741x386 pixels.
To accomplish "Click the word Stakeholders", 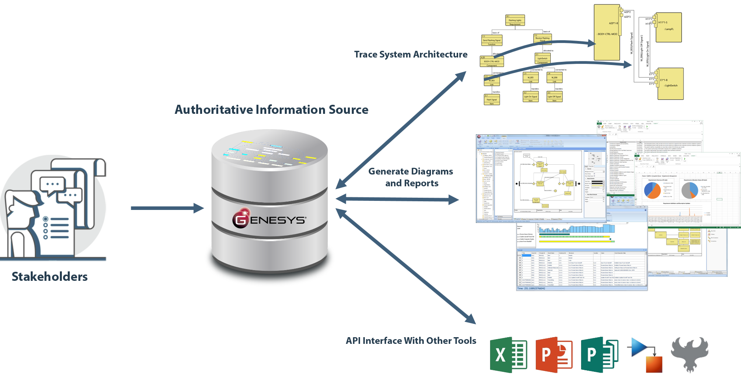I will pos(50,277).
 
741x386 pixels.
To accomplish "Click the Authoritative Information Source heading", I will pos(271,109).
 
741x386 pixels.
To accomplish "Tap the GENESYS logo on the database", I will pos(269,219).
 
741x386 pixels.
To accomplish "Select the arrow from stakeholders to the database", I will pos(167,208).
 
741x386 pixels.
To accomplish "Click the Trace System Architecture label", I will pos(410,54).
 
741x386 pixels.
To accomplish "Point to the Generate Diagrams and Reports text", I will pos(411,177).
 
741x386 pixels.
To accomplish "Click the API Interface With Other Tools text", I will pos(411,341).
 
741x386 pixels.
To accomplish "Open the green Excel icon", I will pos(508,355).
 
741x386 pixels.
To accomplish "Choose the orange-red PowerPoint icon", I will pos(554,355).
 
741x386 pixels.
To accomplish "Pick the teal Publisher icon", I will pos(599,355).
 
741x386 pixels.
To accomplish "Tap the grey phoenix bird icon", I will pos(689,354).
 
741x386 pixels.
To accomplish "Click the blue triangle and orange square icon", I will pos(644,355).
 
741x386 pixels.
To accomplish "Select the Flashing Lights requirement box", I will pos(515,20).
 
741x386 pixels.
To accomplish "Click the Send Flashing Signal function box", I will pos(492,41).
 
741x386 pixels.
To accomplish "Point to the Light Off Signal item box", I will pos(554,97).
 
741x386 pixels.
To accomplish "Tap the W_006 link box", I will pos(554,78).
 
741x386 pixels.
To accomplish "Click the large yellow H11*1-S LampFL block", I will pos(668,27).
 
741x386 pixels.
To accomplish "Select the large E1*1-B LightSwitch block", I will pos(670,84).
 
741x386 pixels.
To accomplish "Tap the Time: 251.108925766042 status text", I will pos(531,289).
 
